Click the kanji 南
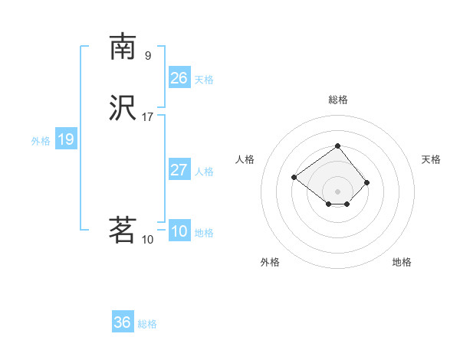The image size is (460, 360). (x=123, y=47)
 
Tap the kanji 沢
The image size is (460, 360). (x=123, y=107)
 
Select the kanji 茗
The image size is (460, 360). (x=123, y=229)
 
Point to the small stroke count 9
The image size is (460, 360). (x=148, y=55)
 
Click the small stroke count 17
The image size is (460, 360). (x=148, y=116)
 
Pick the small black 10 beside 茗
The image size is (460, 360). (x=148, y=239)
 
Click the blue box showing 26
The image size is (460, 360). (x=179, y=78)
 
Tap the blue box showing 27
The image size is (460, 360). (x=179, y=170)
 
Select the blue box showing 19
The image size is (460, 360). (x=66, y=139)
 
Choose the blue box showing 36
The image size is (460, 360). (x=123, y=322)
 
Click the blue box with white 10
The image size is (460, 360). (x=179, y=231)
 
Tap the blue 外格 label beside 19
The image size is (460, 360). (x=41, y=141)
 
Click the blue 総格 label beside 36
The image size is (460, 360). (x=147, y=324)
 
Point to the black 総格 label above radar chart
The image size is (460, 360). (x=338, y=100)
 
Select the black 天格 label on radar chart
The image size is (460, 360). (x=432, y=159)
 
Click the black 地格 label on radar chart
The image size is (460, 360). (x=402, y=262)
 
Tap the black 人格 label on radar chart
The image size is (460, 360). (x=245, y=159)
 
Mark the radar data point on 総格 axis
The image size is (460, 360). (x=337, y=146)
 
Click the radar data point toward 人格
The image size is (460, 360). (x=294, y=178)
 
